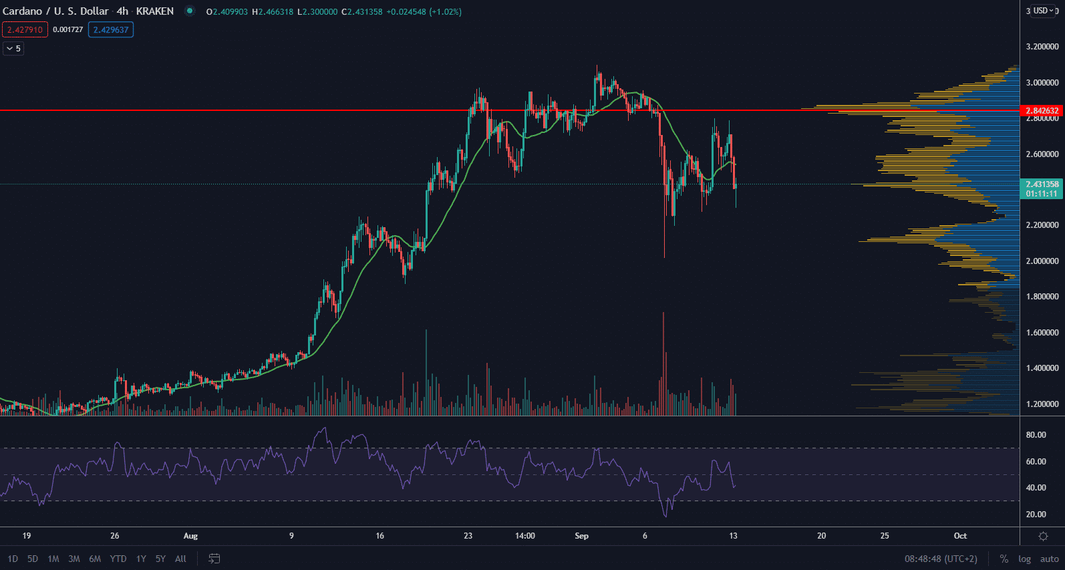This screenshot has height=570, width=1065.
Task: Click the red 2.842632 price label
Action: tap(1042, 110)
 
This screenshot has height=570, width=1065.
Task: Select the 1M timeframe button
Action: tap(53, 559)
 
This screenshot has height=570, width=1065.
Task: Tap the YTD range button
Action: tap(118, 559)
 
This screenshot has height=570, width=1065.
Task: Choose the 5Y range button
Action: tap(160, 559)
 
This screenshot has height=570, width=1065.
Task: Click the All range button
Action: tap(180, 559)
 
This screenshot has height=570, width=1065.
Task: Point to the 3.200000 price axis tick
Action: tap(1042, 47)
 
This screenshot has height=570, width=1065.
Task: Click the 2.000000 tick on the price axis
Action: tap(1042, 261)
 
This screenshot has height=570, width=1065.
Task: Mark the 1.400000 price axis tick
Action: tap(1042, 368)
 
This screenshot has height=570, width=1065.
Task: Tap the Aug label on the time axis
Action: tap(190, 536)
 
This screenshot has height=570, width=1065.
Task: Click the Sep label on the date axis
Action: tap(581, 536)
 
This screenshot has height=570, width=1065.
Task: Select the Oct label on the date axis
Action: tap(960, 536)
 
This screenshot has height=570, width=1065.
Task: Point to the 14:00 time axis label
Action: tap(525, 536)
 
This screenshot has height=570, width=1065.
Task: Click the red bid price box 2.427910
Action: tap(25, 29)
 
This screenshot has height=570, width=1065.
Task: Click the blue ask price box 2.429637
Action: tap(111, 29)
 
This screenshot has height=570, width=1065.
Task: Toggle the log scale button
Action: tap(1024, 559)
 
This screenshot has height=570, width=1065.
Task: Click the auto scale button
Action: tap(1049, 559)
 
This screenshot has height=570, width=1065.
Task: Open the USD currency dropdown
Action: tap(1043, 11)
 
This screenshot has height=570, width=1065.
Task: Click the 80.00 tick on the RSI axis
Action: tap(1036, 435)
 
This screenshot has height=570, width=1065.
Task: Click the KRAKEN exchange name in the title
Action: tap(155, 11)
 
